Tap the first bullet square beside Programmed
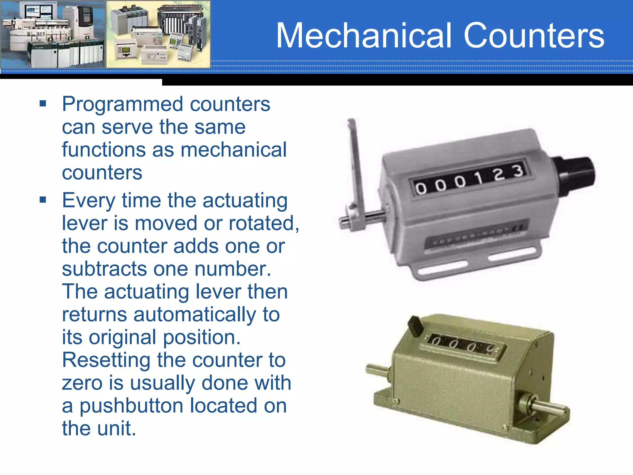(43, 103)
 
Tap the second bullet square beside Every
(43, 200)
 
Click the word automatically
(195, 315)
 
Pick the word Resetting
(106, 360)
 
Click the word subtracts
(104, 269)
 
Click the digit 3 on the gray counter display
(519, 171)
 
